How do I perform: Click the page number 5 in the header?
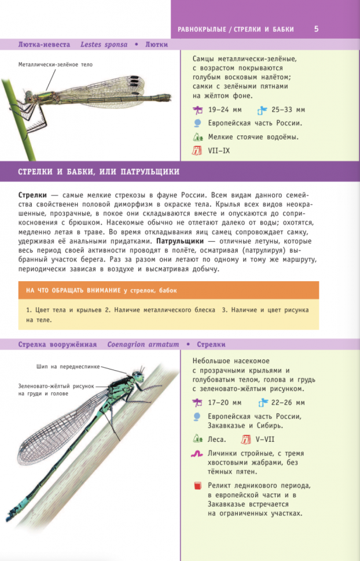pos(316,29)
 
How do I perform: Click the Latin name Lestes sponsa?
pos(104,44)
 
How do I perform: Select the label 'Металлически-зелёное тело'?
pos(55,65)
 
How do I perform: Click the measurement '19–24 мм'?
pos(225,109)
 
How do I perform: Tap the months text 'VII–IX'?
pos(219,151)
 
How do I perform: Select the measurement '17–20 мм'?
pos(225,403)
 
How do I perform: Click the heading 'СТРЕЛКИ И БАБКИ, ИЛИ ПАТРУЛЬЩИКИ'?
pos(98,172)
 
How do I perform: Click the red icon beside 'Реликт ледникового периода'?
pos(197,485)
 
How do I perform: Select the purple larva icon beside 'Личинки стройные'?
pos(197,455)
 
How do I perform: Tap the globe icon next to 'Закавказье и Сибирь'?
pos(197,416)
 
